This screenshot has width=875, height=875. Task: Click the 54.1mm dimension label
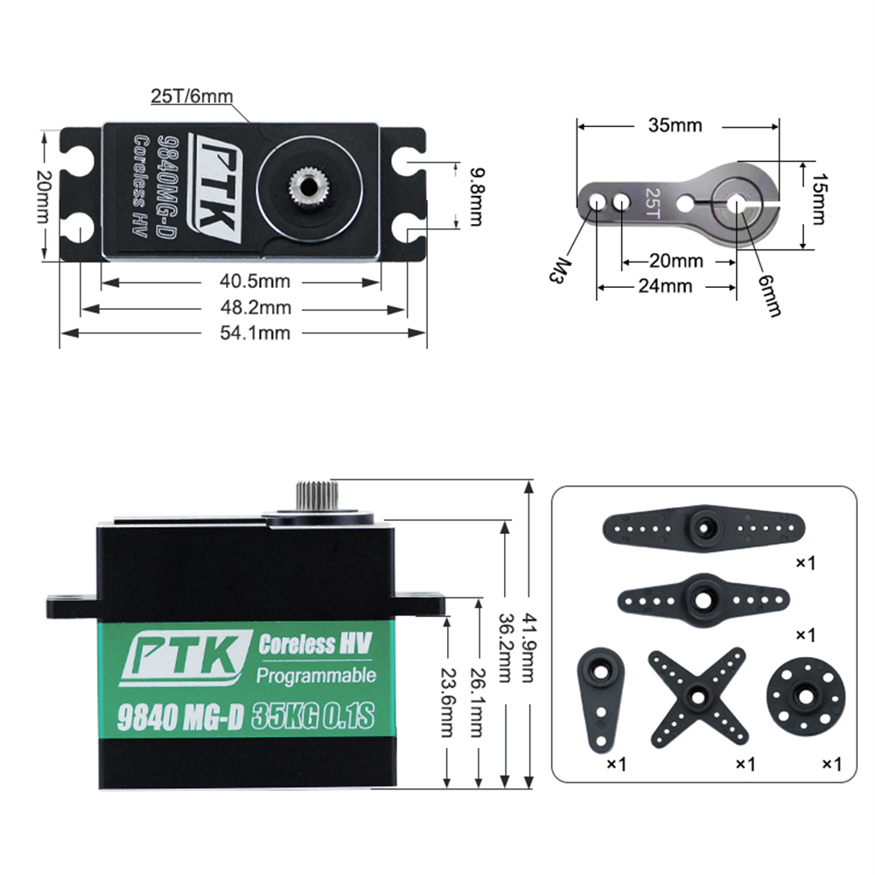[x=255, y=332]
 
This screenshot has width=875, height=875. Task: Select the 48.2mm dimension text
[x=255, y=307]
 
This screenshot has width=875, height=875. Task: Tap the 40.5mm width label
[x=255, y=281]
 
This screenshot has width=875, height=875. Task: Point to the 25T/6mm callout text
[x=192, y=96]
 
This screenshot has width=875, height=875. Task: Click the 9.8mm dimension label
[x=476, y=197]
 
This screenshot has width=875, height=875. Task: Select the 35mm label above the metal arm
[x=675, y=125]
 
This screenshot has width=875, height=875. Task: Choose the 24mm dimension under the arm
[x=665, y=286]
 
